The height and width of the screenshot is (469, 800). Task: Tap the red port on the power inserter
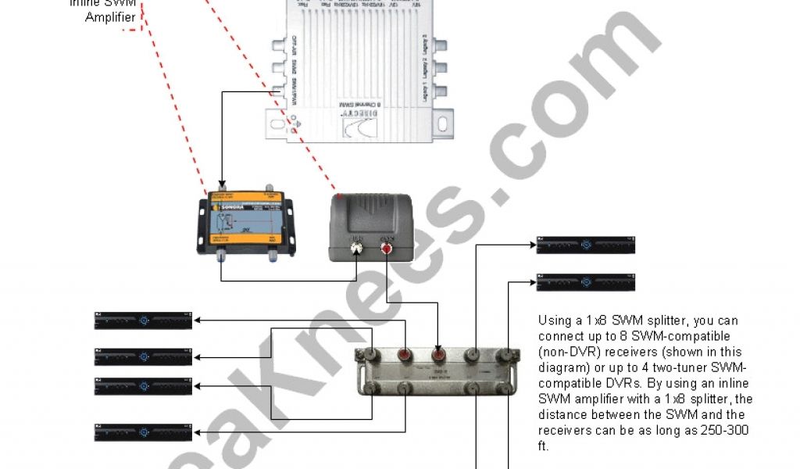(387, 249)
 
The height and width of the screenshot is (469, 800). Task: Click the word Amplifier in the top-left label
(110, 17)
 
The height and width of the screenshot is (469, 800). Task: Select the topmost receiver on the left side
(143, 320)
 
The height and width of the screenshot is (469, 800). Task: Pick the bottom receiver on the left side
(143, 432)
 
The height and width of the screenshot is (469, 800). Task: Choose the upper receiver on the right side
(585, 245)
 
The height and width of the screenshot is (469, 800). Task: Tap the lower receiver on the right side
(585, 282)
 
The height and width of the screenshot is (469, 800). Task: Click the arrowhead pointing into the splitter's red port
(441, 347)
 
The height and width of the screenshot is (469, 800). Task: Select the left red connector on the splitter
(405, 355)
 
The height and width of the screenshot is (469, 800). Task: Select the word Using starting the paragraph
(554, 321)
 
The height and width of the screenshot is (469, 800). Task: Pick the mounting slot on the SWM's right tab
(444, 123)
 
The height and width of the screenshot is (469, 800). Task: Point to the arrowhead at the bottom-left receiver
(198, 432)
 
